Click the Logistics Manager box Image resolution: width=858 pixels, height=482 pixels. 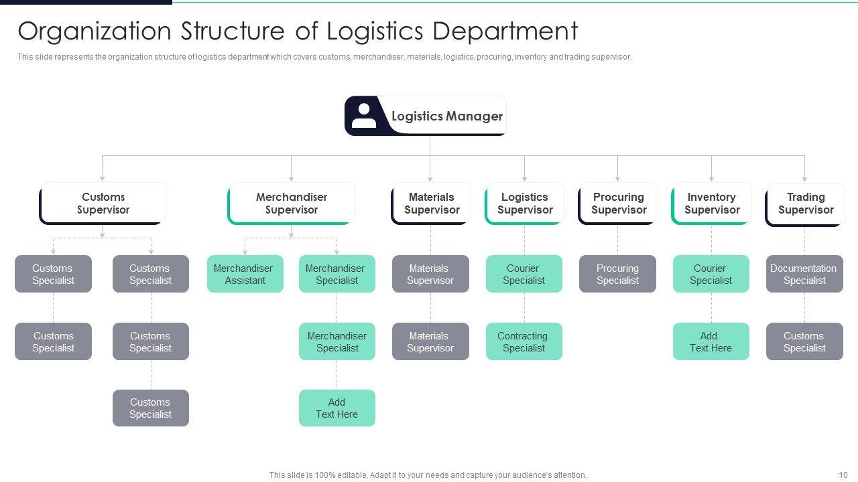tap(446, 116)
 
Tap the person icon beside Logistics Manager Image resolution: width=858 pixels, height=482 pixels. tap(364, 115)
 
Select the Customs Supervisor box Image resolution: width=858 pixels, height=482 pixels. tap(103, 204)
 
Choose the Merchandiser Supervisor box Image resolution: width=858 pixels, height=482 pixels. tap(292, 204)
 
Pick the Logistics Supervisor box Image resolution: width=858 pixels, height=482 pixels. tap(524, 204)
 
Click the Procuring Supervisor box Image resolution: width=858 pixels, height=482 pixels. tap(618, 204)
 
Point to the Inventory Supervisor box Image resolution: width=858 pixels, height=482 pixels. tap(711, 204)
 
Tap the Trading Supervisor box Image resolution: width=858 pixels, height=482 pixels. tap(805, 204)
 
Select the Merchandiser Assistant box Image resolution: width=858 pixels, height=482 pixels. tap(245, 274)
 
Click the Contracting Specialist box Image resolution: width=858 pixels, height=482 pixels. tap(524, 342)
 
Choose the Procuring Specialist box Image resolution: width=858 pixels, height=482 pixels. tap(617, 274)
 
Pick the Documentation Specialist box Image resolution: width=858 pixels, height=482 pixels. tap(804, 274)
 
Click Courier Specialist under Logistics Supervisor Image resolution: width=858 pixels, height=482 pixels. tap(524, 274)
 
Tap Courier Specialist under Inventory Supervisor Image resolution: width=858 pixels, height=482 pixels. tap(711, 274)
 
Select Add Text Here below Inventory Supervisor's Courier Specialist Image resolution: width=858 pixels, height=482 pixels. tap(711, 342)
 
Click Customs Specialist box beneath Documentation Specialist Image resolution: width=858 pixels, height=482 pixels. tap(804, 342)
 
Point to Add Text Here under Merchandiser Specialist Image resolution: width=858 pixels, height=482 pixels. tap(336, 408)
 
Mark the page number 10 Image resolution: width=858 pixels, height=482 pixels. tap(843, 475)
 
